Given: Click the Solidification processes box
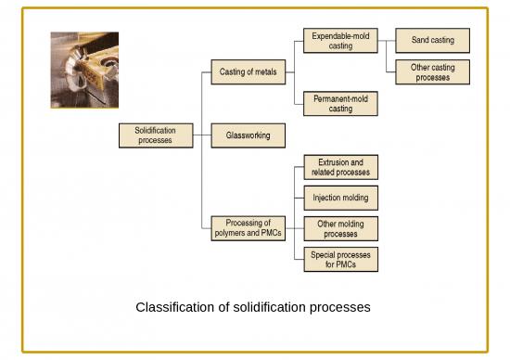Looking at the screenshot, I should tap(155, 135).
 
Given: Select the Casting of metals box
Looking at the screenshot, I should tap(248, 71).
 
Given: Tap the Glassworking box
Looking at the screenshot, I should tap(248, 135).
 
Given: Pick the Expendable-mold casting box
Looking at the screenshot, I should tap(340, 40).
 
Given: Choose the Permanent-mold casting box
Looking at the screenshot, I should tap(340, 103).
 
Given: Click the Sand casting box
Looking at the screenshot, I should tap(432, 40).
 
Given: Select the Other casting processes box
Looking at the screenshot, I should tap(432, 72).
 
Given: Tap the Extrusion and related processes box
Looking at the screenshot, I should tap(340, 167).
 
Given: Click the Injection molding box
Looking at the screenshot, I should tap(340, 198).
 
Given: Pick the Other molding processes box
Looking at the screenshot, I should tap(340, 228).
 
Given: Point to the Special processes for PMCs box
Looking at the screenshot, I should tap(340, 259).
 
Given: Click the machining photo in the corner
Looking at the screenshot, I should tap(84, 71).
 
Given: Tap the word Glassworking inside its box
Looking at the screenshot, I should tap(248, 135).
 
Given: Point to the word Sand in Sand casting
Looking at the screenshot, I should tap(419, 40).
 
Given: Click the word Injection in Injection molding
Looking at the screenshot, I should tap(326, 198).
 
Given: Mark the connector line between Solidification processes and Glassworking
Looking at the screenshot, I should tap(201, 135).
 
